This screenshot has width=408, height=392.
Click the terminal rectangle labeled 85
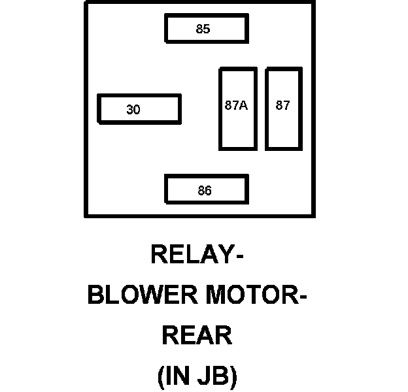pyautogui.click(x=206, y=29)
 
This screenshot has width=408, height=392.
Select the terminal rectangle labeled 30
pyautogui.click(x=139, y=109)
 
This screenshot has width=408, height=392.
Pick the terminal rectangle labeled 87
pyautogui.click(x=282, y=108)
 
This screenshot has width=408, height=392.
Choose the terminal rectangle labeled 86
pyautogui.click(x=206, y=190)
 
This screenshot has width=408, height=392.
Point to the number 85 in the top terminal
pyautogui.click(x=203, y=29)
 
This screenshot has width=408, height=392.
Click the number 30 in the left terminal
pyautogui.click(x=133, y=110)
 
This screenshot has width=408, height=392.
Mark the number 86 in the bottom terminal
pyautogui.click(x=205, y=191)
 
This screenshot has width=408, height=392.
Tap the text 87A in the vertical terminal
pyautogui.click(x=235, y=105)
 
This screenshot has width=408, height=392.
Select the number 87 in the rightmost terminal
pyautogui.click(x=282, y=105)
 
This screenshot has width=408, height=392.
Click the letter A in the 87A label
pyautogui.click(x=243, y=105)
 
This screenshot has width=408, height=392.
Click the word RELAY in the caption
pyautogui.click(x=192, y=253)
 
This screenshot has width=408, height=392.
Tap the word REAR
pyautogui.click(x=197, y=336)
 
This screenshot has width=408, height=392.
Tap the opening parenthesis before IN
pyautogui.click(x=162, y=378)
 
